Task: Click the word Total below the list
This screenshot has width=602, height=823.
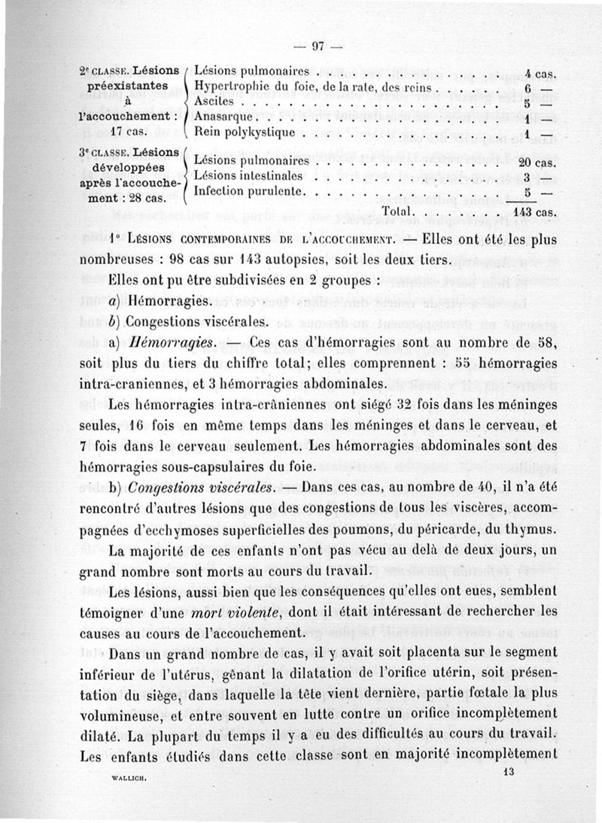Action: click(400, 211)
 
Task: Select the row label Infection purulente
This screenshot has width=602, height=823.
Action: click(250, 191)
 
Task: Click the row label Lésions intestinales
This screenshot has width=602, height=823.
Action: click(248, 176)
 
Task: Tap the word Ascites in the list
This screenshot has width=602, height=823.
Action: click(215, 102)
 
